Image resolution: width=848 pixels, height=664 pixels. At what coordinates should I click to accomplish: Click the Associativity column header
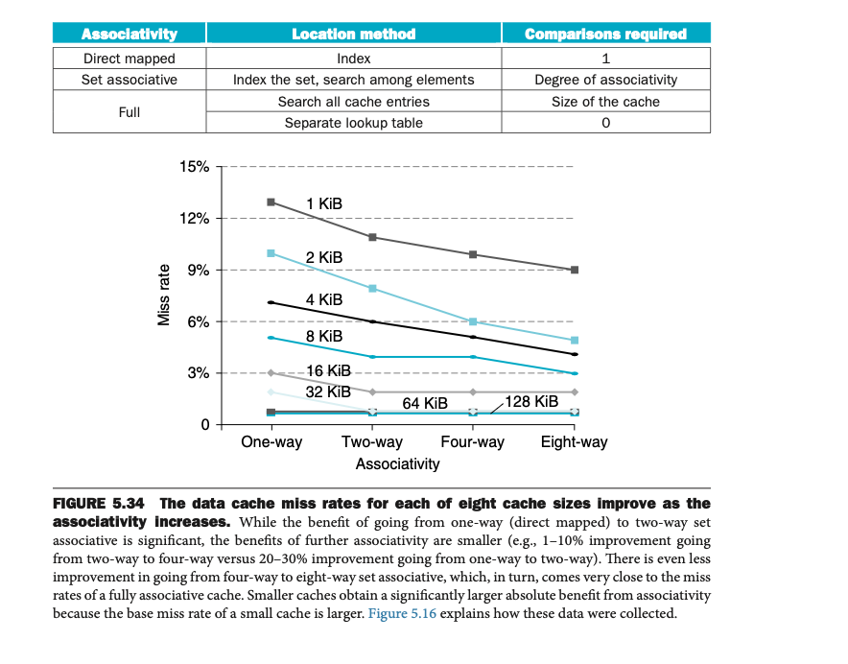(130, 35)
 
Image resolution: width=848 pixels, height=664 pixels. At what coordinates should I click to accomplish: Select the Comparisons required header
(605, 35)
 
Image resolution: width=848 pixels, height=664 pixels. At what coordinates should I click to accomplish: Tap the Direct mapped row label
(130, 59)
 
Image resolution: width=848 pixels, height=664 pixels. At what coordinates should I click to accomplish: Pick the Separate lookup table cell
(353, 123)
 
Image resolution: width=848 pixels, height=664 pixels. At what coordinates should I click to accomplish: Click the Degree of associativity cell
(605, 80)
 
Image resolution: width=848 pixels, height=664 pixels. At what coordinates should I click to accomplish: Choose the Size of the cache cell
(605, 102)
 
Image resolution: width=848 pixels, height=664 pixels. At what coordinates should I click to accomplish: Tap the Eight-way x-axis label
(574, 442)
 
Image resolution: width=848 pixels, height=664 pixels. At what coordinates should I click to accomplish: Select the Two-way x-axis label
(372, 442)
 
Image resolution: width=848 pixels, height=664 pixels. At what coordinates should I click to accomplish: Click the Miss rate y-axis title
(164, 295)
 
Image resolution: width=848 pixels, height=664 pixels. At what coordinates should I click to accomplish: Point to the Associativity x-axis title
(397, 464)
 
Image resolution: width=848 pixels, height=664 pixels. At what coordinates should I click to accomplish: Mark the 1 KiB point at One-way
(271, 202)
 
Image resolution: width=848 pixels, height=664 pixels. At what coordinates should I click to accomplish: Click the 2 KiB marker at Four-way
(473, 321)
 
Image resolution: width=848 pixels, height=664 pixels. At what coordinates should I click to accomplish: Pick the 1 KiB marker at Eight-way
(574, 270)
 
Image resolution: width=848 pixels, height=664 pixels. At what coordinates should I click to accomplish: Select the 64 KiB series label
(425, 404)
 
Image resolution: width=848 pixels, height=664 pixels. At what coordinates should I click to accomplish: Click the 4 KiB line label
(324, 300)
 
